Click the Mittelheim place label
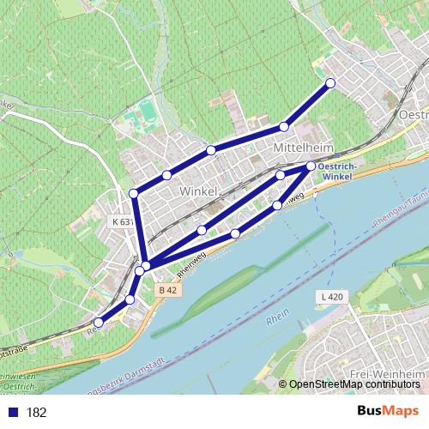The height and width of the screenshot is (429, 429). pyautogui.click(x=301, y=148)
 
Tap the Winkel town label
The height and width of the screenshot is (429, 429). pyautogui.click(x=200, y=191)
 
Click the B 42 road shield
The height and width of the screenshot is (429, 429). pyautogui.click(x=169, y=291)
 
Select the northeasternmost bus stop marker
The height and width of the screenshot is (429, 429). pyautogui.click(x=330, y=83)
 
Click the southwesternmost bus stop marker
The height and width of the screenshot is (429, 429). pyautogui.click(x=98, y=323)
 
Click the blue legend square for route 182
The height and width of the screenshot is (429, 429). pyautogui.click(x=10, y=413)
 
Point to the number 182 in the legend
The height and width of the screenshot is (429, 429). pyautogui.click(x=36, y=413)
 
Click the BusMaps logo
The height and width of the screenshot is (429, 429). pyautogui.click(x=389, y=411)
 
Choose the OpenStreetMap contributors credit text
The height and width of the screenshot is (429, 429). pyautogui.click(x=352, y=384)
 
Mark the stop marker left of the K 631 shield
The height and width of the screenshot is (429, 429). pyautogui.click(x=133, y=193)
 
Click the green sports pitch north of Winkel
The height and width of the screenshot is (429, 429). pyautogui.click(x=148, y=109)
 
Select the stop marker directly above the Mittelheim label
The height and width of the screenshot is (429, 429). pyautogui.click(x=284, y=127)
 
